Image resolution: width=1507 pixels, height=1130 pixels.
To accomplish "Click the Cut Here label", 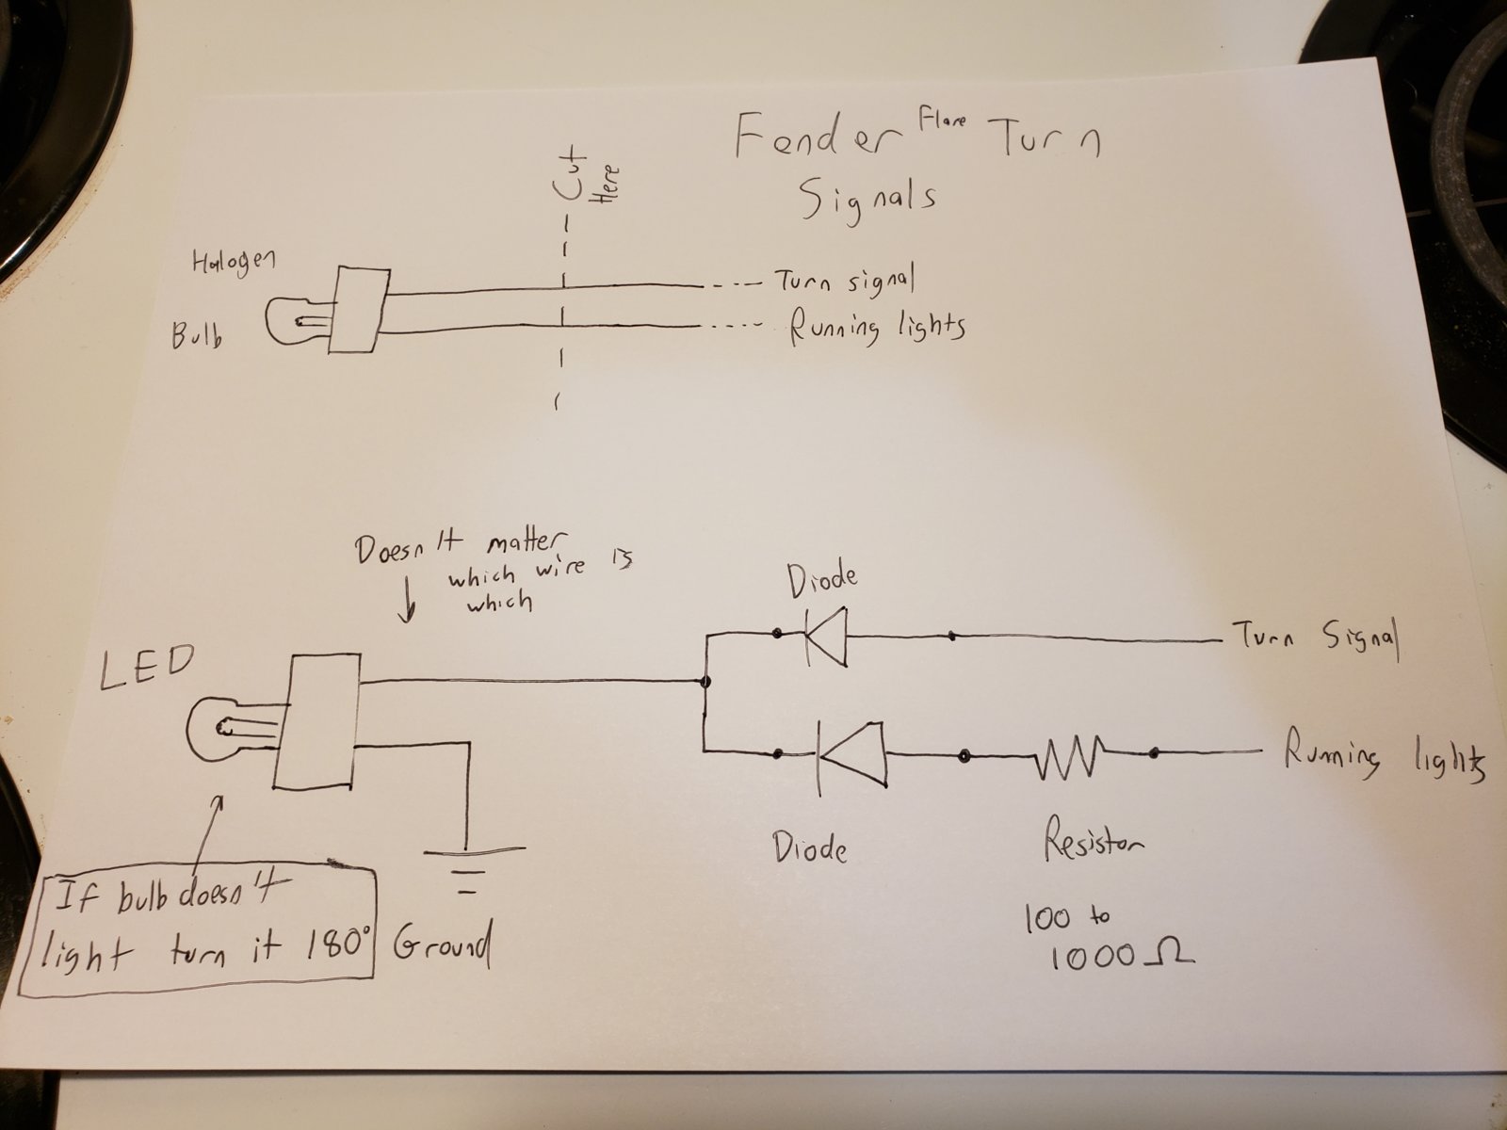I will pos(584,179).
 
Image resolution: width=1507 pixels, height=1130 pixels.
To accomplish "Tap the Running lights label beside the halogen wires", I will pos(876,328).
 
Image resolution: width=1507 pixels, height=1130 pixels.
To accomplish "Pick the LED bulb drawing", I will pos(226,728).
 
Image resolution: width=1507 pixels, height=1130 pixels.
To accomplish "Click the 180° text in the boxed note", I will pos(336,944).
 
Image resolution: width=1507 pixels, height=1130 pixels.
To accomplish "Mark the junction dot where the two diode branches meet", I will pos(705,680).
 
